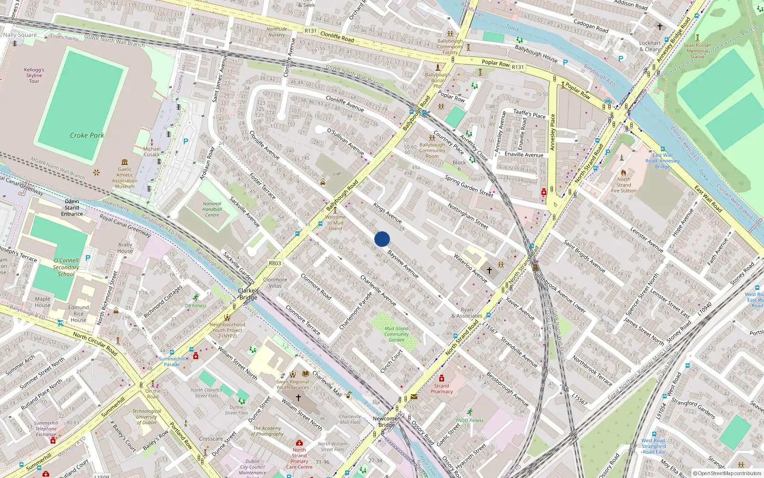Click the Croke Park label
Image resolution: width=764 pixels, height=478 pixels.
[x=87, y=135]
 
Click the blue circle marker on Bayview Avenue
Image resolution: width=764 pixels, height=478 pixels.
[x=382, y=239]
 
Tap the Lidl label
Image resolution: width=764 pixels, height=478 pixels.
[x=337, y=174]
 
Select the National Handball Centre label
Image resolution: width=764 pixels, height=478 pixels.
[x=212, y=209]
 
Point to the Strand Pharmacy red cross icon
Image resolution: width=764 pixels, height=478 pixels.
[x=442, y=378]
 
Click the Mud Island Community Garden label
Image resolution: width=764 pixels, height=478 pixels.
[x=396, y=334]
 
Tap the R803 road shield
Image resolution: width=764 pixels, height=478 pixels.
[x=275, y=263]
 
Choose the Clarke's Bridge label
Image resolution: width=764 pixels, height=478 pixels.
[x=248, y=294]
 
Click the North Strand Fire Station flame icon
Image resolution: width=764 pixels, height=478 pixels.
[x=623, y=172]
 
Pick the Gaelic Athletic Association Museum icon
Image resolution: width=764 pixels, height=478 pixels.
[x=125, y=162]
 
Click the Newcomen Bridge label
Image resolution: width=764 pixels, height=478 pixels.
[x=386, y=422]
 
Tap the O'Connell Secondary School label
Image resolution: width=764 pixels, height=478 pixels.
[x=66, y=267]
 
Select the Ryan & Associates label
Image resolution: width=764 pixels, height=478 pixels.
[x=467, y=313]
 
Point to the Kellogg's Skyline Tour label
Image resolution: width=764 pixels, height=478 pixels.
[x=34, y=76]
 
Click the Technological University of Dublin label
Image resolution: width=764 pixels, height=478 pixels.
[x=147, y=417]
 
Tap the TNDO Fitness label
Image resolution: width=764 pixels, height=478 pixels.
[x=469, y=421]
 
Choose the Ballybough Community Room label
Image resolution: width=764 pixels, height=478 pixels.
[x=432, y=151]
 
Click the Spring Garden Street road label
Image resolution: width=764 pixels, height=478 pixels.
[x=469, y=186]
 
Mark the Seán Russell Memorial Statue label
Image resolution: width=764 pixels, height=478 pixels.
[x=697, y=51]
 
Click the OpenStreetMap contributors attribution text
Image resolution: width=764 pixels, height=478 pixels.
[x=729, y=474]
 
